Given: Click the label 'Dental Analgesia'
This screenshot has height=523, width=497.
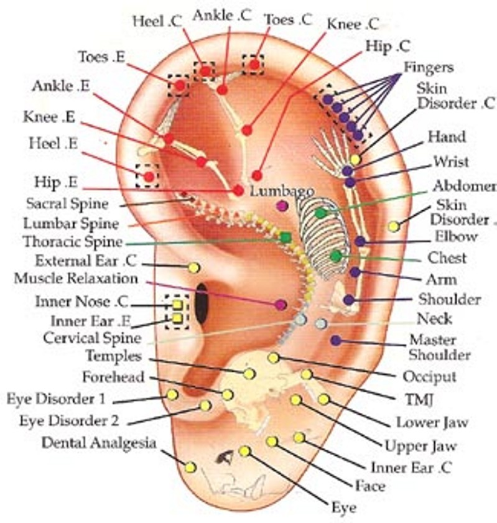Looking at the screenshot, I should [x=99, y=442].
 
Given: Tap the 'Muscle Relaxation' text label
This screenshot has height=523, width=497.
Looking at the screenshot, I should [x=77, y=278].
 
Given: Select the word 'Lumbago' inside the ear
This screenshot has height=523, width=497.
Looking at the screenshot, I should [x=282, y=191].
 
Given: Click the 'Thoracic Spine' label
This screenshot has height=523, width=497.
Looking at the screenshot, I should [x=73, y=242].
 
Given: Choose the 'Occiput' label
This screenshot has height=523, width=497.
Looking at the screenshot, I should [x=430, y=376].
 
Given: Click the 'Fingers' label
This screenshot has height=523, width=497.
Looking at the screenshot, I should [x=429, y=67].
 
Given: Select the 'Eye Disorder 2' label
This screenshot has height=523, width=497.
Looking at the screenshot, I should [x=68, y=420].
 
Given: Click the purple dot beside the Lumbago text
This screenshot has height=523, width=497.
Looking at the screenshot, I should [x=282, y=206].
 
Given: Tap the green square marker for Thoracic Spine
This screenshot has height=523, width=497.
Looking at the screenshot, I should [x=286, y=237].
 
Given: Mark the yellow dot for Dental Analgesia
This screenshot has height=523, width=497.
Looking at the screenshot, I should [x=190, y=467].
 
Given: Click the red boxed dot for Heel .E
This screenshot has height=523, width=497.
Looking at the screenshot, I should [x=149, y=177].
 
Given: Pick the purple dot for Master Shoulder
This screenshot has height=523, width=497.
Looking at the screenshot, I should [x=336, y=340].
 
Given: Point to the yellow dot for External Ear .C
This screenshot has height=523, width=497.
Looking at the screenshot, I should [x=193, y=267].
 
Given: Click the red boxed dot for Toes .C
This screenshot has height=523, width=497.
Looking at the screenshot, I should [x=254, y=63].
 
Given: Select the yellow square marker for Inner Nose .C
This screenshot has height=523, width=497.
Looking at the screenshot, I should [x=177, y=305].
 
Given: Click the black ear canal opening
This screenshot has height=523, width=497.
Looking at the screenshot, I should [x=202, y=304].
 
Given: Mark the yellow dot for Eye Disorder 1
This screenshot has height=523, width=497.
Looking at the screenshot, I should [x=172, y=394].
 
